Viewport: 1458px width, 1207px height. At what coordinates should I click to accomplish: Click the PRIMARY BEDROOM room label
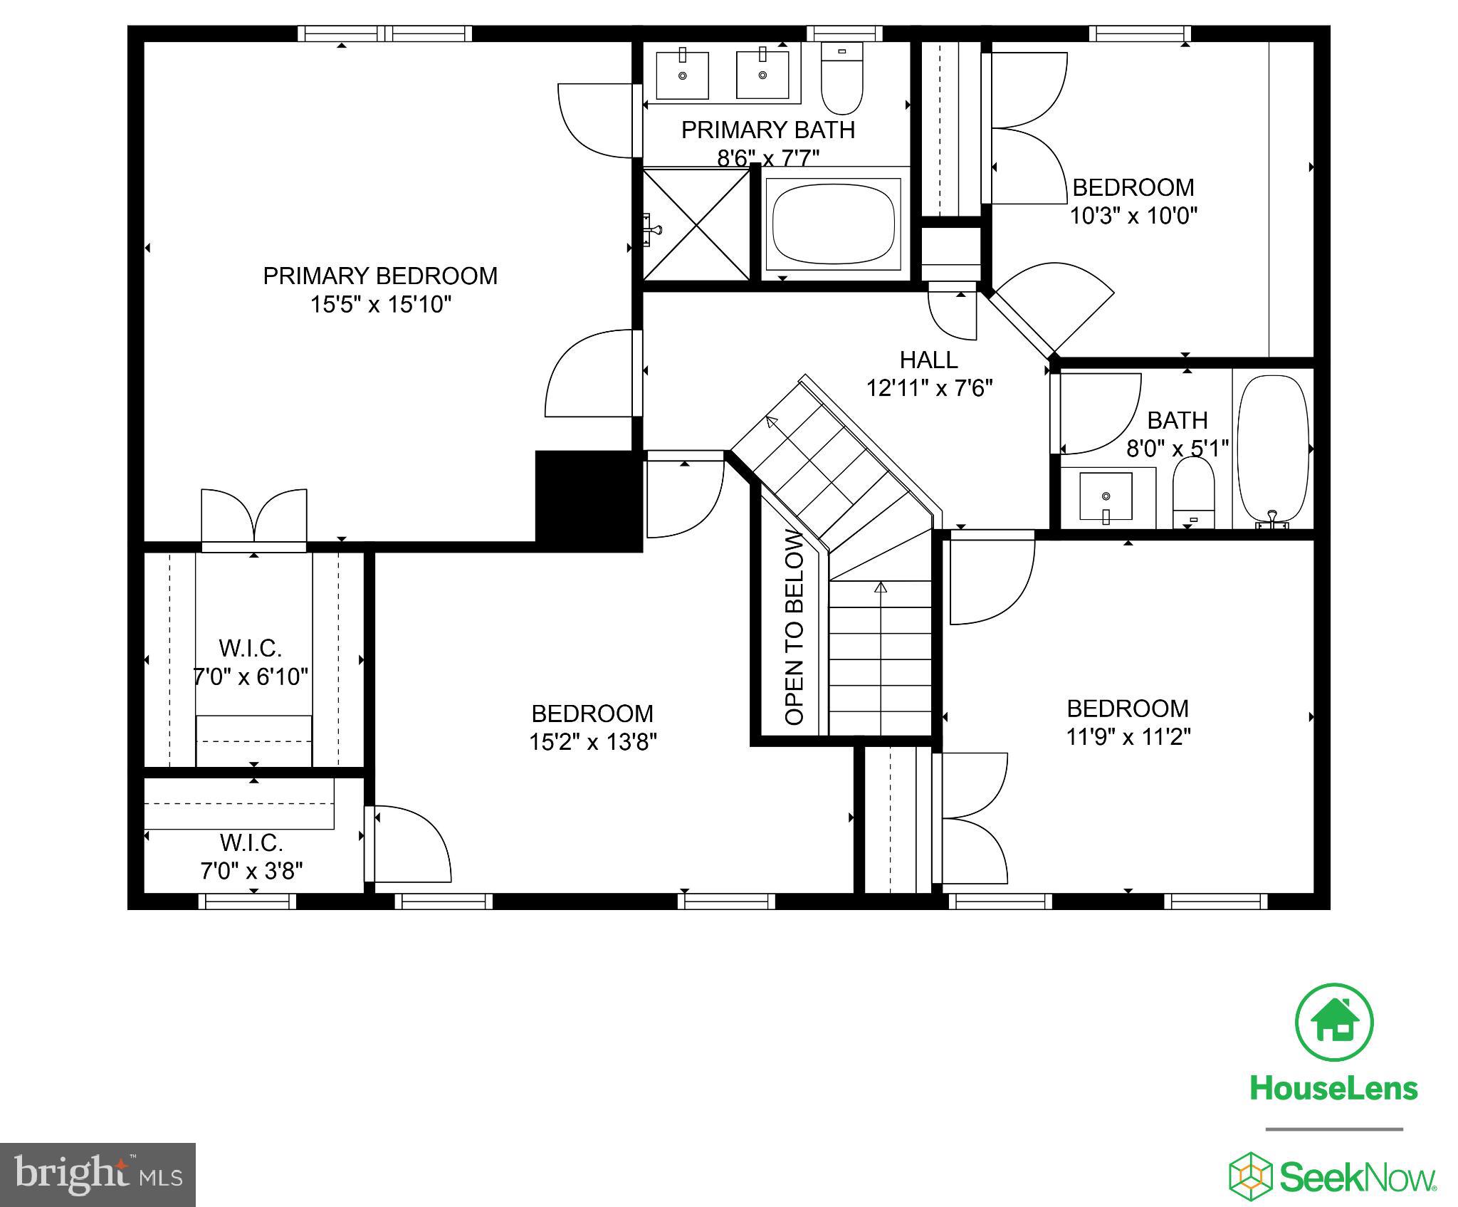tap(380, 276)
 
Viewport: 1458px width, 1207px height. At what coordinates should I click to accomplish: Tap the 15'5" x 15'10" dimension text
tap(380, 305)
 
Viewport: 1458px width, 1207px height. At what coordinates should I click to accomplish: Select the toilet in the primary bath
tap(841, 78)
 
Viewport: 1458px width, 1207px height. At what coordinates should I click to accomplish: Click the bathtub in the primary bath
tap(833, 224)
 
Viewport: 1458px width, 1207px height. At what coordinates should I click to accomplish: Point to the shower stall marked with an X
tap(696, 224)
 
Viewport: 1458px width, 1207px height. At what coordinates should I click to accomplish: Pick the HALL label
tap(928, 360)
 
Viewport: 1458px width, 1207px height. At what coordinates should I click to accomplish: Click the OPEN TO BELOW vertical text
tap(794, 628)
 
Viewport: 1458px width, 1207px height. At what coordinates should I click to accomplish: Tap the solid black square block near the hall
tap(588, 501)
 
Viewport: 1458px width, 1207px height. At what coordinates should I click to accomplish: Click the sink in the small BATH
tap(1106, 496)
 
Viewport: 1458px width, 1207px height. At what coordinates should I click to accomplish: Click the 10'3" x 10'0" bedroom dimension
tap(1133, 216)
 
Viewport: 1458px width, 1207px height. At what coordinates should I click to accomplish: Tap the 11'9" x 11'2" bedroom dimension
tap(1128, 737)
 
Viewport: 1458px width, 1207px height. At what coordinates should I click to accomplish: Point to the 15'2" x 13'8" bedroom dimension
tap(592, 742)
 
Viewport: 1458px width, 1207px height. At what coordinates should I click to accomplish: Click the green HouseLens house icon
tap(1333, 1023)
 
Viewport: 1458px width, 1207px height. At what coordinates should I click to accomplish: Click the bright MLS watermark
tap(98, 1174)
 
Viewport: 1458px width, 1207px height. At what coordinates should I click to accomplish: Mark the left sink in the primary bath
tap(682, 75)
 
